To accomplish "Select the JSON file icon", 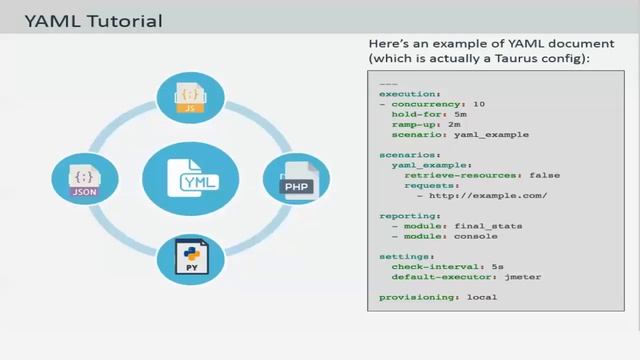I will (85, 180).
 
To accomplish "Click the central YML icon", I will (190, 180).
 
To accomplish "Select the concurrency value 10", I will (478, 103).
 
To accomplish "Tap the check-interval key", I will (425, 267).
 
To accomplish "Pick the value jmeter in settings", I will (524, 277).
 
